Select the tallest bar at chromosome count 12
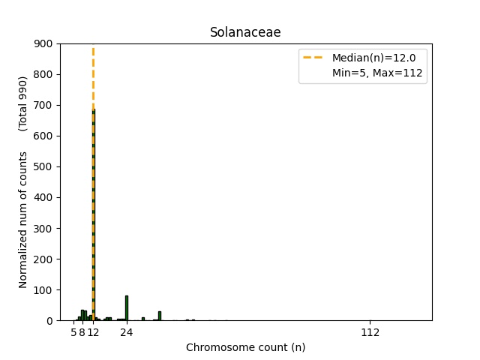(x=93, y=217)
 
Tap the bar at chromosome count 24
(x=126, y=308)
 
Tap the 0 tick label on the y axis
(x=50, y=320)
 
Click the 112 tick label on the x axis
(x=370, y=332)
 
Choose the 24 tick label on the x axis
(x=126, y=332)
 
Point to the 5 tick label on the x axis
(x=73, y=332)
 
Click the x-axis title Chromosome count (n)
(x=245, y=347)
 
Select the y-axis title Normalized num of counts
(x=23, y=220)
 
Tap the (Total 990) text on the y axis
(x=23, y=103)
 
